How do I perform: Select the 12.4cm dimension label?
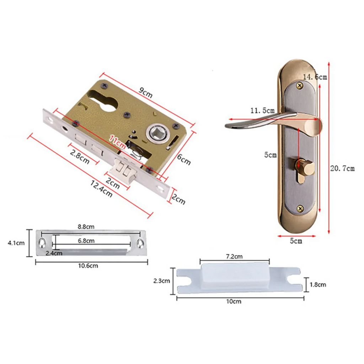coord(101,189)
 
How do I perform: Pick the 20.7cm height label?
coord(342,168)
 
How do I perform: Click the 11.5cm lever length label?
coord(262,111)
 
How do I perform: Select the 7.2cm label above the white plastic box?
coord(234,256)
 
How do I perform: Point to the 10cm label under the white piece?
coord(234,301)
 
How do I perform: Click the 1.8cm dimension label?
coord(317,284)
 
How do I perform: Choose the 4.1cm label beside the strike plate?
coord(16,243)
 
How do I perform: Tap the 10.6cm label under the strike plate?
coord(89,265)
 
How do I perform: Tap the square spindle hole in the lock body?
coord(156,133)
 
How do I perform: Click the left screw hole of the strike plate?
coord(43,243)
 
